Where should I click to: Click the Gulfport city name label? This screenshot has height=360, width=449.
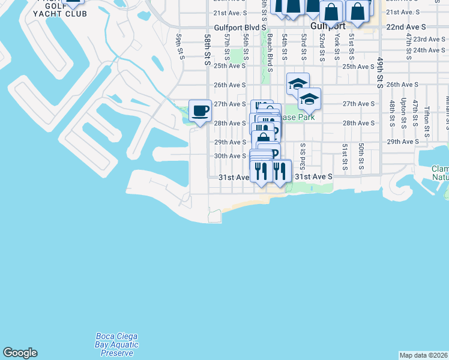click(x=328, y=27)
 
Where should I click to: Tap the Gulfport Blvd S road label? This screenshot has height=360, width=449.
click(x=240, y=28)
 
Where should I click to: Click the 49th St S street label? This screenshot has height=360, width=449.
click(x=381, y=73)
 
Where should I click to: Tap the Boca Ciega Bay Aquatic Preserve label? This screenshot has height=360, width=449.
click(x=117, y=344)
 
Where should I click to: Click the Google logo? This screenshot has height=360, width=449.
click(x=20, y=353)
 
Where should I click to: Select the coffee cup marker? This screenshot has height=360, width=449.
click(x=200, y=111)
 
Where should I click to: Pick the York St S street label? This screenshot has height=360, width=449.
click(x=337, y=47)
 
